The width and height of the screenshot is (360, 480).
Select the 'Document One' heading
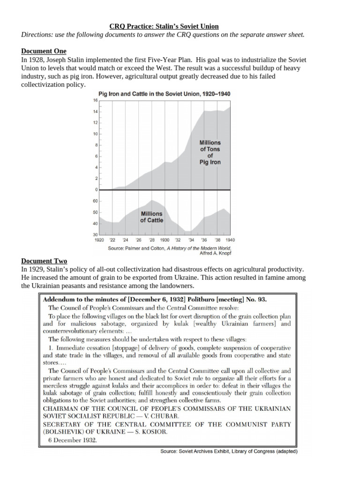(44, 51)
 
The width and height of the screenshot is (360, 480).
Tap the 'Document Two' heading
(44, 261)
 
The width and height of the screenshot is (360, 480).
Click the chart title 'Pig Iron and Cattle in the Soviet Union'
(164, 94)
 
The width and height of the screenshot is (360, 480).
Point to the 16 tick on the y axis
(95, 100)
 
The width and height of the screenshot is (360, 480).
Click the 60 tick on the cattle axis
(95, 201)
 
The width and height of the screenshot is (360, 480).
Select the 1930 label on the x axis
(164, 240)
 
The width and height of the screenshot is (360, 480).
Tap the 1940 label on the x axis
(230, 240)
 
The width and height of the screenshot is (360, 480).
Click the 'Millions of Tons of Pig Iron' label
(210, 152)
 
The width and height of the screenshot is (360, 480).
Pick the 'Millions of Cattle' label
(151, 217)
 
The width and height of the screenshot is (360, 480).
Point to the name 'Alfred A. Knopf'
(216, 253)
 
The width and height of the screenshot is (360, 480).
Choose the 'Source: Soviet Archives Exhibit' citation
(229, 452)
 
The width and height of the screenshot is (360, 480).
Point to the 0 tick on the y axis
(95, 190)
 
